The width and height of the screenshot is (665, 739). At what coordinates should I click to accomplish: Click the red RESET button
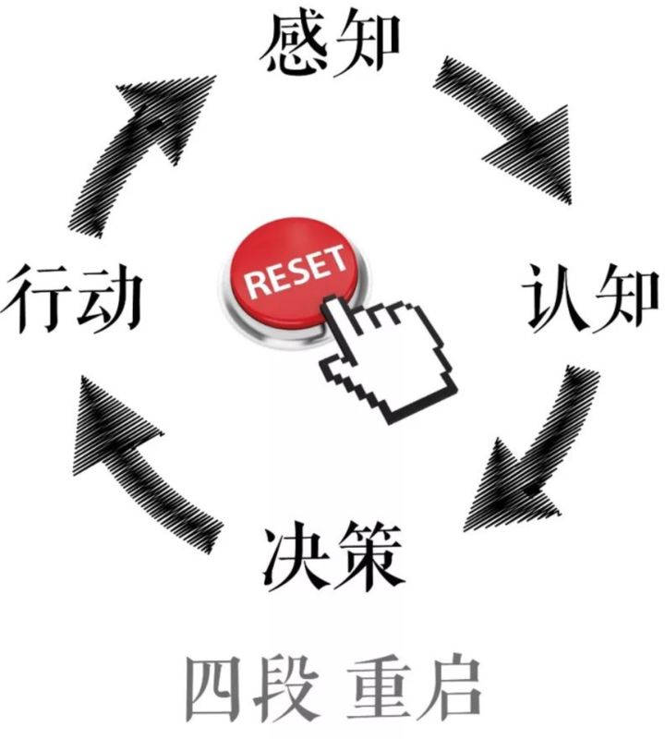[294, 273]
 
